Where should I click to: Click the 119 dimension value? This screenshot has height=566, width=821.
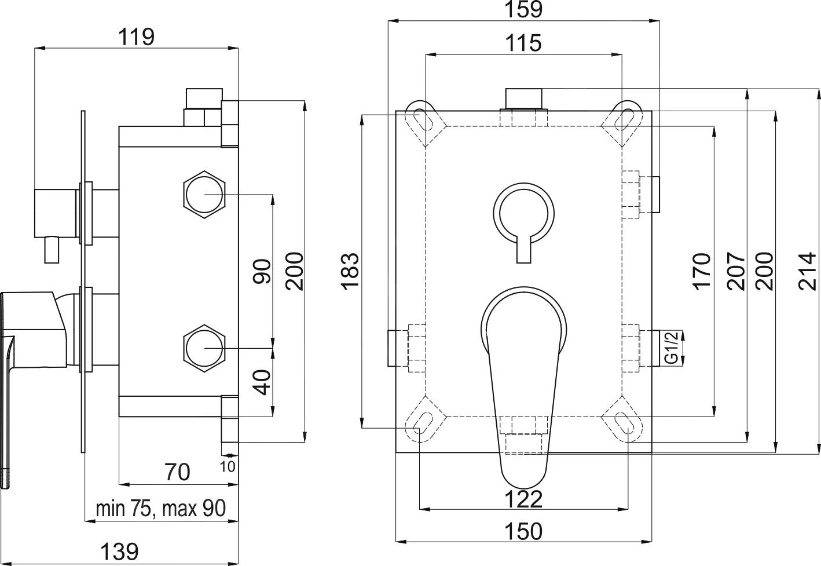pyautogui.click(x=136, y=37)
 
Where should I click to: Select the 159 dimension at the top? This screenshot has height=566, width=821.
pyautogui.click(x=523, y=9)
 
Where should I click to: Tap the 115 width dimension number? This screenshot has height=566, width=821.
pyautogui.click(x=523, y=43)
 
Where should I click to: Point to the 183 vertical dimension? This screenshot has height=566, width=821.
pyautogui.click(x=350, y=271)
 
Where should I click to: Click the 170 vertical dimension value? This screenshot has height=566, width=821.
pyautogui.click(x=702, y=271)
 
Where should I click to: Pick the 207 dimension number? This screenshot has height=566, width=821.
pyautogui.click(x=736, y=271)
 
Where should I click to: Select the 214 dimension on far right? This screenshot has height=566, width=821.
pyautogui.click(x=808, y=271)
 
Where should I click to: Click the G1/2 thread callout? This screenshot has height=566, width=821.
pyautogui.click(x=672, y=348)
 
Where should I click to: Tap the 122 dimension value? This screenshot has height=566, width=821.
pyautogui.click(x=523, y=499)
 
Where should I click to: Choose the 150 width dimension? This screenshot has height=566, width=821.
pyautogui.click(x=523, y=531)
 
